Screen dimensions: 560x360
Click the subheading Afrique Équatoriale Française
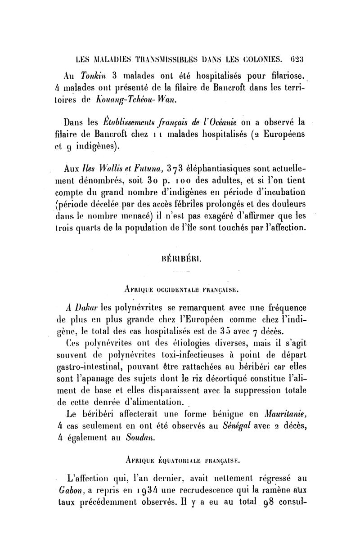pyautogui.click(x=180, y=460)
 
